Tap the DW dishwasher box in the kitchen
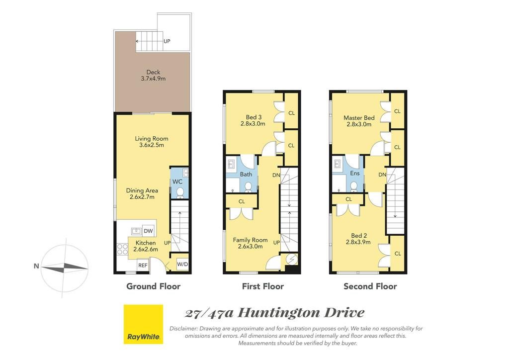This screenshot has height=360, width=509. [x=148, y=231]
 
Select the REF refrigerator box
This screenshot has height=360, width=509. [x=143, y=265]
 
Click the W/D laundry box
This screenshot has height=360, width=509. [x=182, y=264]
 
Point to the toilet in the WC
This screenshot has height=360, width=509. [x=180, y=193]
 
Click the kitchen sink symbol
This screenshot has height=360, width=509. [x=136, y=231]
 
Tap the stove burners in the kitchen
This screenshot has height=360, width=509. [x=122, y=249]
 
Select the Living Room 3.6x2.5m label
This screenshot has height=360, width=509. [x=152, y=142]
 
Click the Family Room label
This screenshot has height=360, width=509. [x=251, y=240]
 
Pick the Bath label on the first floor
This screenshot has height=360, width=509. [x=246, y=175]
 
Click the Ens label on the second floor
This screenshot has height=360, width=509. [x=355, y=174]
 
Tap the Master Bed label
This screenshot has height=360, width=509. [x=359, y=118]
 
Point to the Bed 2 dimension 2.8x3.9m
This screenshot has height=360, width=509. [x=358, y=242]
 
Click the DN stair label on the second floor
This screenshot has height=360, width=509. [x=382, y=175]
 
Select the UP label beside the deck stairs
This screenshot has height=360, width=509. [x=167, y=41]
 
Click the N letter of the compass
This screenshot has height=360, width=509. [x=36, y=266]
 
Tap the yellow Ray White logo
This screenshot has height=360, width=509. [x=143, y=324]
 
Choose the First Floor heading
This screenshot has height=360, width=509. [x=263, y=286]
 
